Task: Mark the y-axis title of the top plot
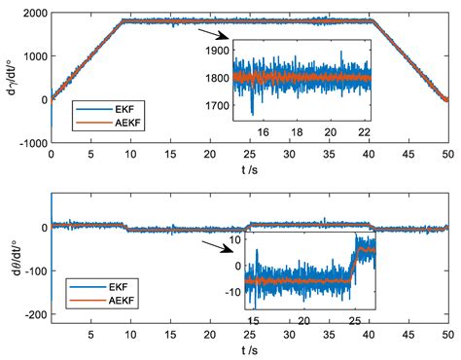pyautogui.click(x=9, y=77)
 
